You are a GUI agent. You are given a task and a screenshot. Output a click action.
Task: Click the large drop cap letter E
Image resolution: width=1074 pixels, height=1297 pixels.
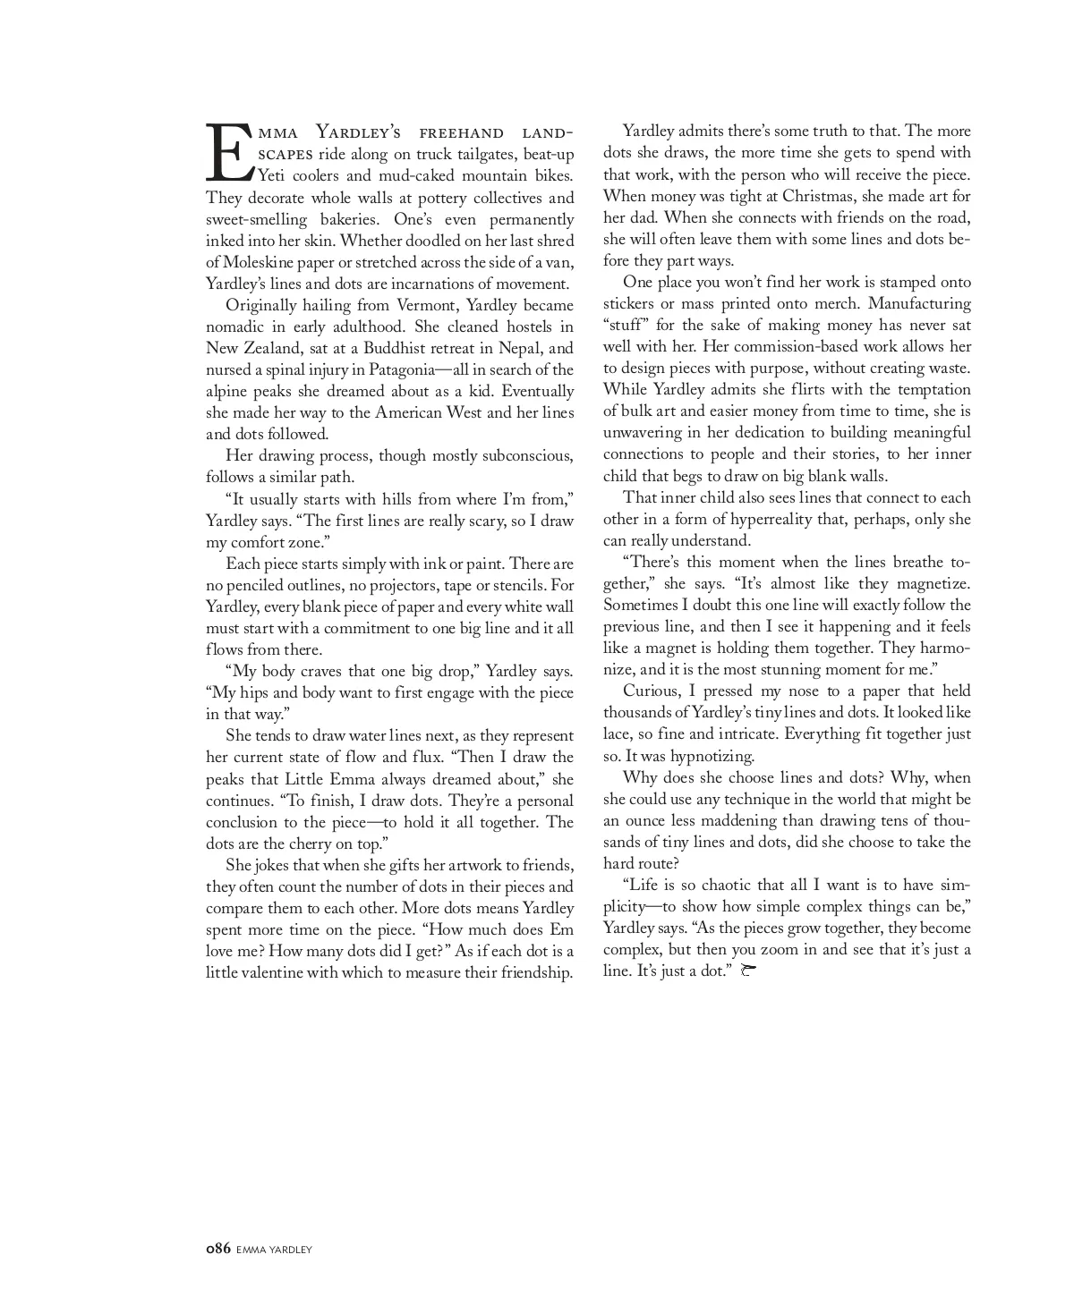(229, 151)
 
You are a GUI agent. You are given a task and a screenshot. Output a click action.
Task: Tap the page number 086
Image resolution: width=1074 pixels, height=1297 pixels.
(218, 1249)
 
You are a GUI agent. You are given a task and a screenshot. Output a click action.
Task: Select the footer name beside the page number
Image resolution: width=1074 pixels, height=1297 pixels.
(274, 1250)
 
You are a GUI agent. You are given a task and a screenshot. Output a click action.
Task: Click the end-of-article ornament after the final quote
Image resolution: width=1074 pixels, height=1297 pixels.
(749, 971)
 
